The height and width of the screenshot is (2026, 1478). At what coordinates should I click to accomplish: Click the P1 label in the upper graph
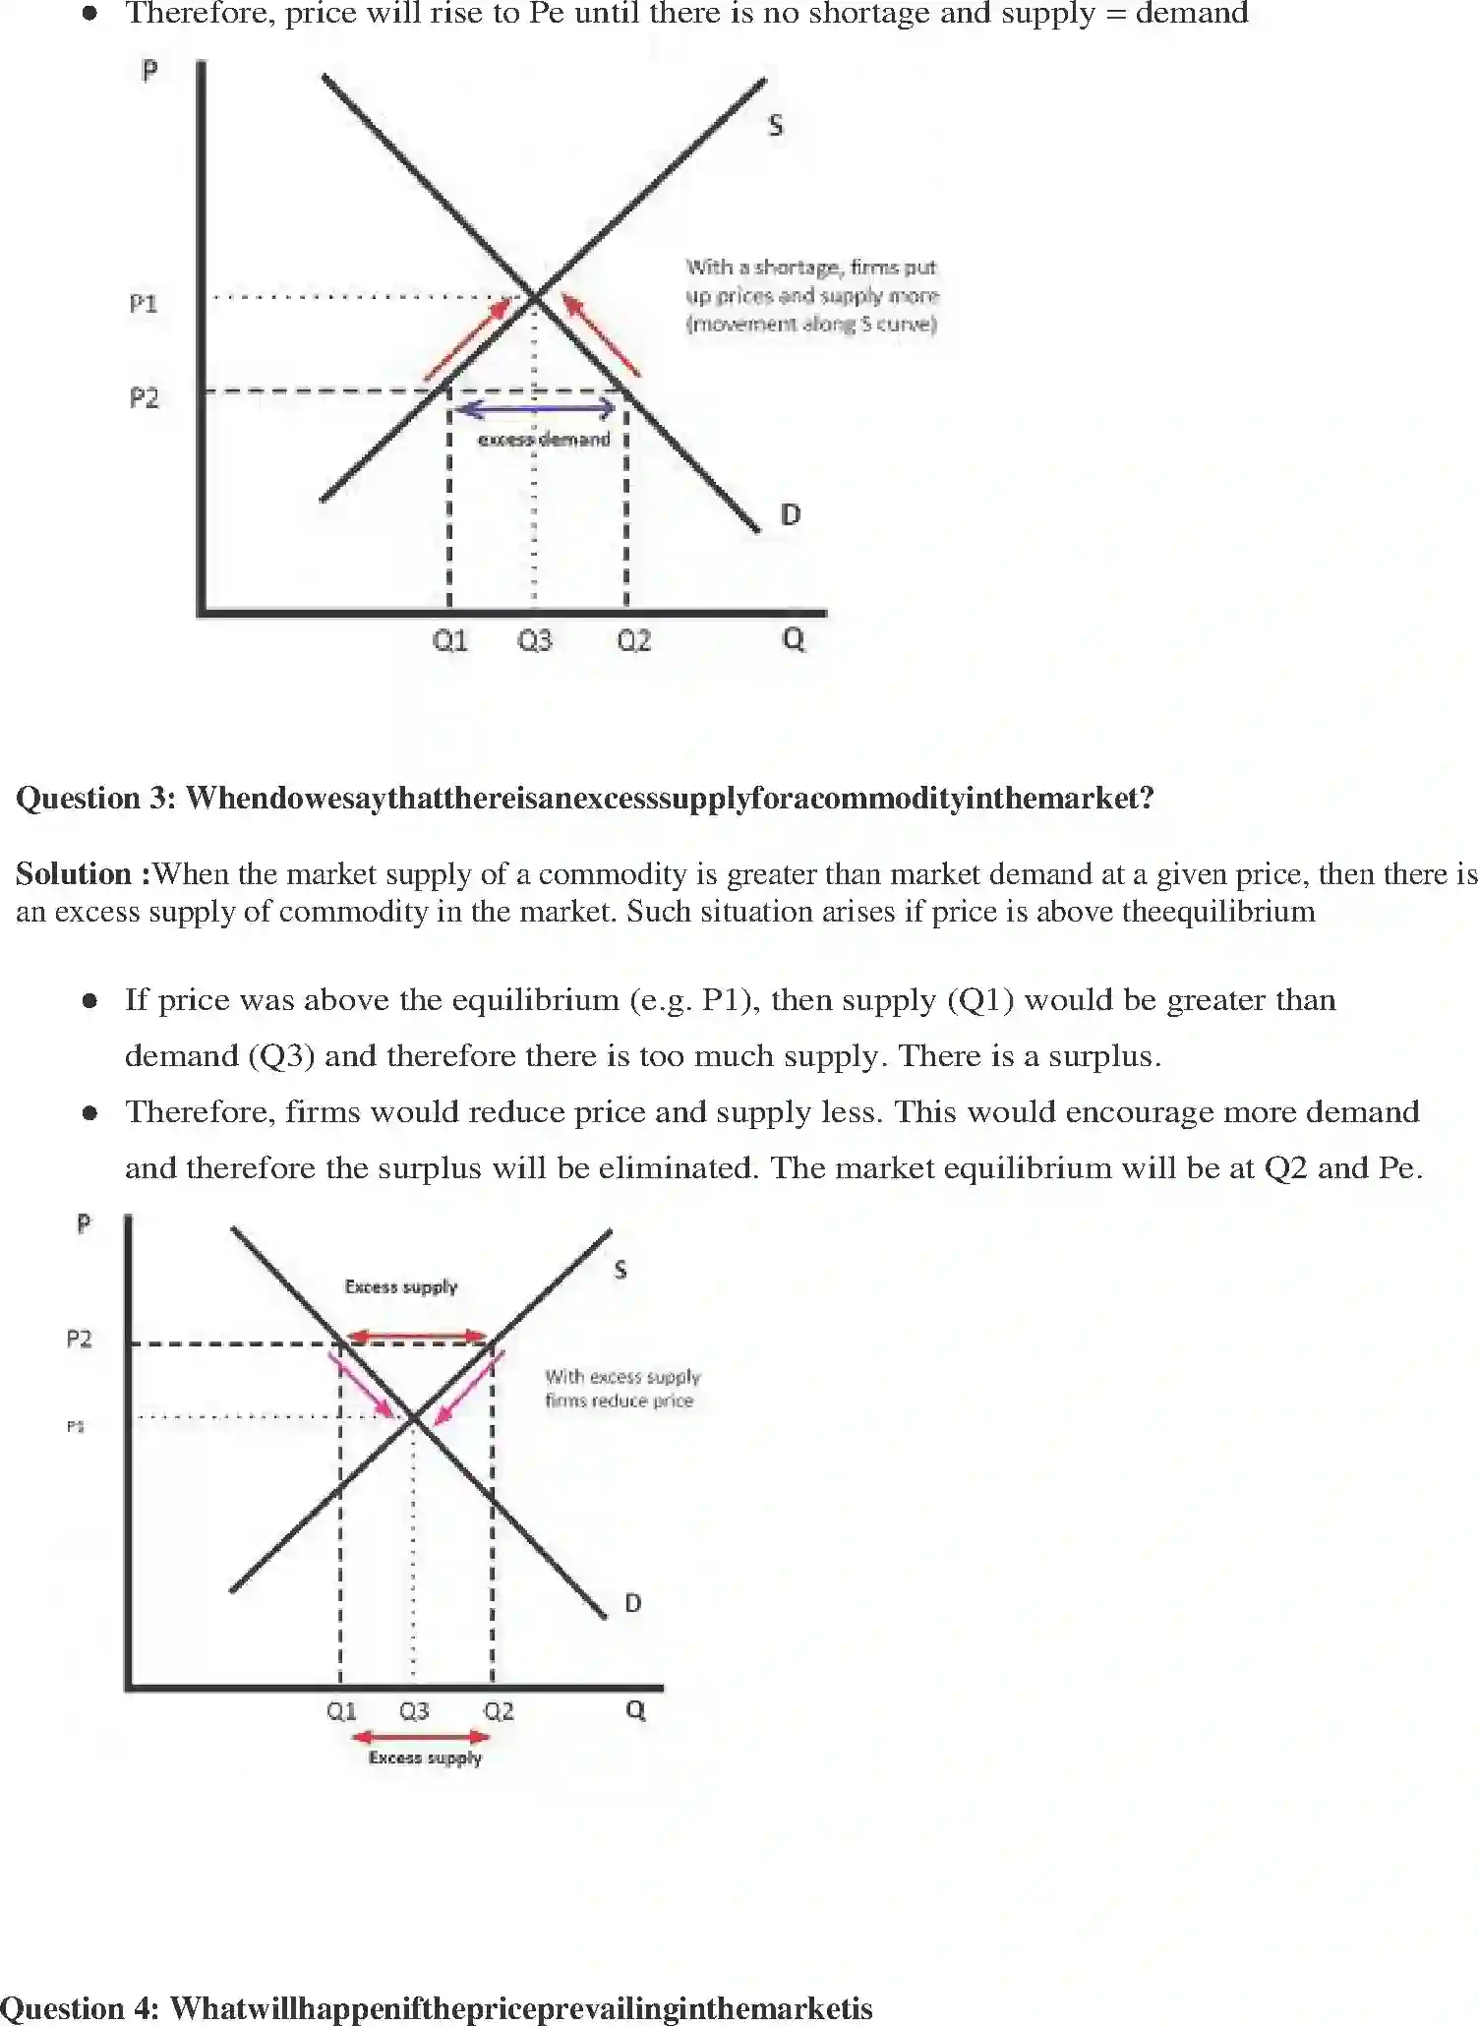tap(144, 303)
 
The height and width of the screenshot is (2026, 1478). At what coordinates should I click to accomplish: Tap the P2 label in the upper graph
tap(144, 397)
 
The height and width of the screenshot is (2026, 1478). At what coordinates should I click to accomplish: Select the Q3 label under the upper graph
tap(535, 641)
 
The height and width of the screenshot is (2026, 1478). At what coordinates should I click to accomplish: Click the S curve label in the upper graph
tap(775, 125)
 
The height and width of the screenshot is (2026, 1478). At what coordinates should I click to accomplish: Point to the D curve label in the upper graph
tap(790, 514)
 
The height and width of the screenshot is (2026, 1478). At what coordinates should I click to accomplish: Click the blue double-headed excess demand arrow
tap(537, 408)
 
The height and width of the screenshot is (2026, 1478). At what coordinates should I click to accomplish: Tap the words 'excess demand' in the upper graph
tap(544, 440)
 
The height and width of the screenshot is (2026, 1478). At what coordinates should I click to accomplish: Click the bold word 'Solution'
tap(74, 873)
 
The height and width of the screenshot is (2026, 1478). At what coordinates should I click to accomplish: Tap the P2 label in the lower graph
tap(79, 1339)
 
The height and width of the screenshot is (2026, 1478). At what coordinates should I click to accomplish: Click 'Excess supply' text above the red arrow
tap(401, 1286)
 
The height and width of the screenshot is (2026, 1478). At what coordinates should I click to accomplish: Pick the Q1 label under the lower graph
tap(341, 1711)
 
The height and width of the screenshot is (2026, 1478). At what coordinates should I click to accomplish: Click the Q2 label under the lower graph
tap(499, 1711)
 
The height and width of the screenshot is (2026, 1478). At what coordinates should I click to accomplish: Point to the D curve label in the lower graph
tap(632, 1603)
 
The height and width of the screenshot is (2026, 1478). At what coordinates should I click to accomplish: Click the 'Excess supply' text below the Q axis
tap(425, 1758)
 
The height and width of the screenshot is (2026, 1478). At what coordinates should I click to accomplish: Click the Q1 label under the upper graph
tap(450, 641)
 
